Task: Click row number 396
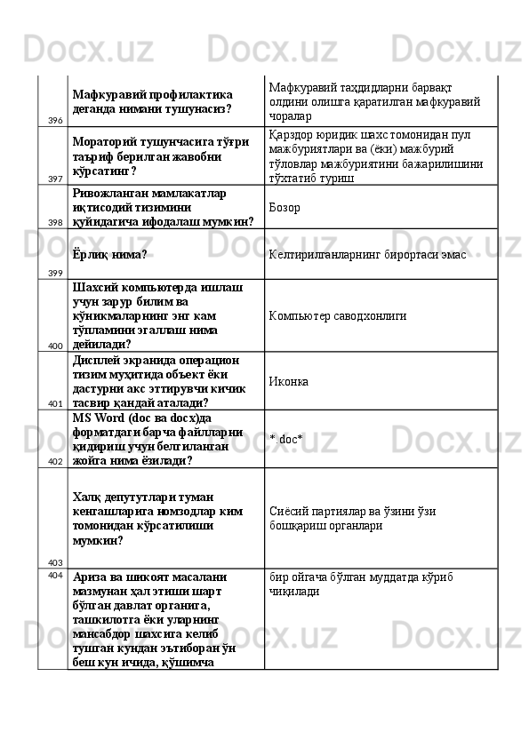click(55, 121)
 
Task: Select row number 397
click(55, 179)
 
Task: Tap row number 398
click(55, 222)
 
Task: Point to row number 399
click(55, 273)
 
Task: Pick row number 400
click(55, 346)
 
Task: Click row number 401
click(55, 403)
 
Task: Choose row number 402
click(55, 462)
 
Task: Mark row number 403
click(55, 562)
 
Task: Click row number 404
click(55, 575)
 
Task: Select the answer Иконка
click(289, 381)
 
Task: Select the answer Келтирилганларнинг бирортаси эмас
click(367, 254)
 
